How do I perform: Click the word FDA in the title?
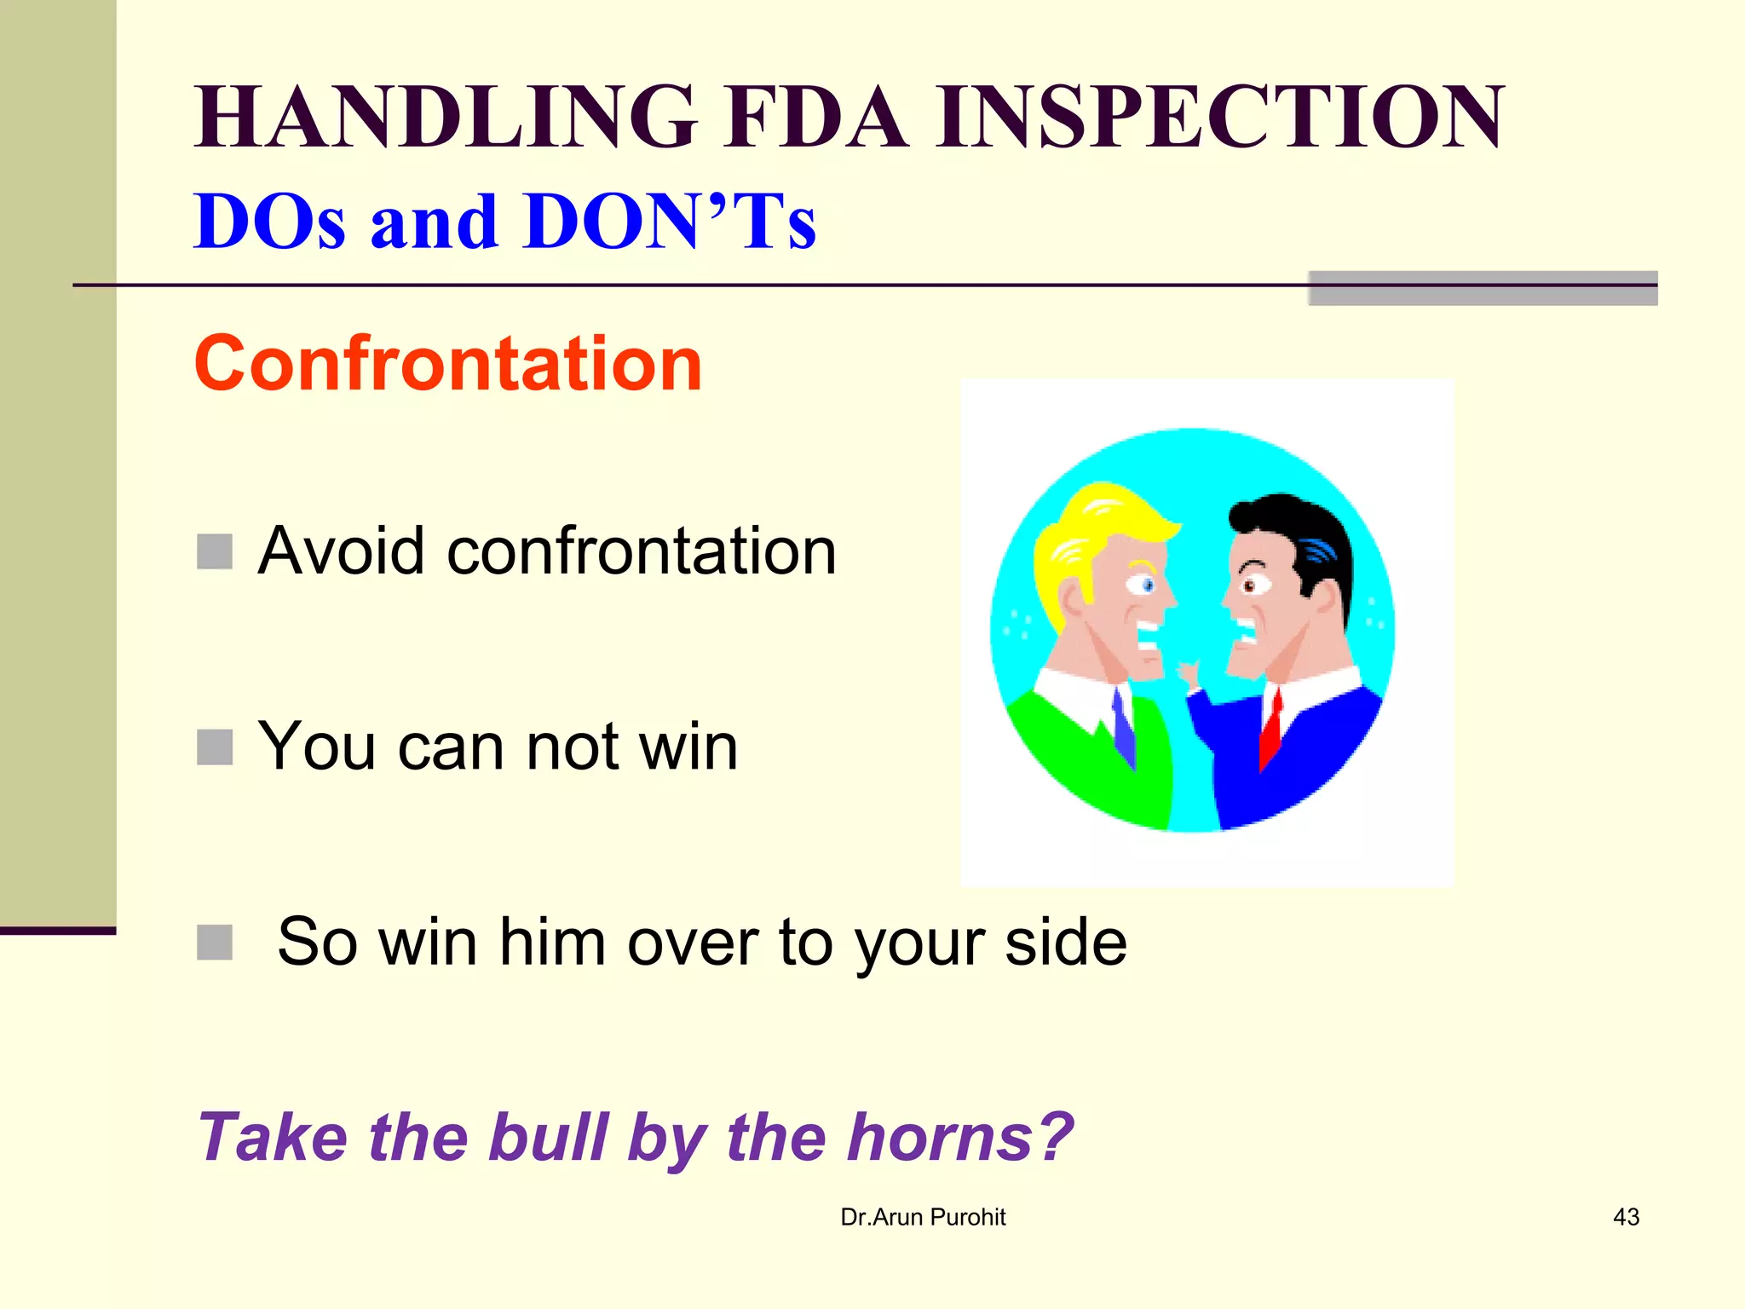point(816,118)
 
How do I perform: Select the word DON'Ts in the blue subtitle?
point(670,222)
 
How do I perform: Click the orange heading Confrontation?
point(447,364)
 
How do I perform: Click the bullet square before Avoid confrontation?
point(215,551)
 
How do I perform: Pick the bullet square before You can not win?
point(215,747)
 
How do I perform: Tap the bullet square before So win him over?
point(215,943)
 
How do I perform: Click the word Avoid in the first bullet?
point(341,551)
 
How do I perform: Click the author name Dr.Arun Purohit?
point(923,1217)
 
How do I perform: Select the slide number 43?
point(1626,1217)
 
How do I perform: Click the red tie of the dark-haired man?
point(1271,729)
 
